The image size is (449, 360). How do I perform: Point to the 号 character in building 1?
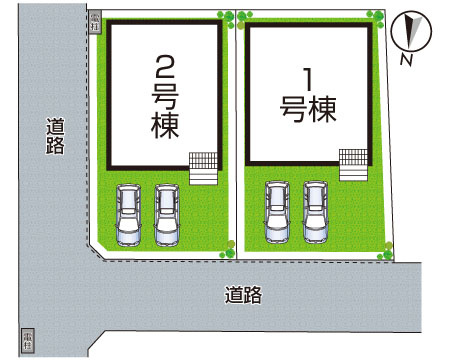coord(292,108)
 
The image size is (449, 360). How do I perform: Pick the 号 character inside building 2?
coord(165,99)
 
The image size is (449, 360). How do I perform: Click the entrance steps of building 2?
coord(203,166)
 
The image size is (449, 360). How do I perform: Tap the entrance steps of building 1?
coord(353,164)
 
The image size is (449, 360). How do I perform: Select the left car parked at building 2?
coord(128,215)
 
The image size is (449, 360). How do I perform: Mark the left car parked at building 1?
coord(276,213)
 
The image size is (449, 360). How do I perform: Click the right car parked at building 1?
coord(316,212)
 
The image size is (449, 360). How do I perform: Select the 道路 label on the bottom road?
coord(243,295)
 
